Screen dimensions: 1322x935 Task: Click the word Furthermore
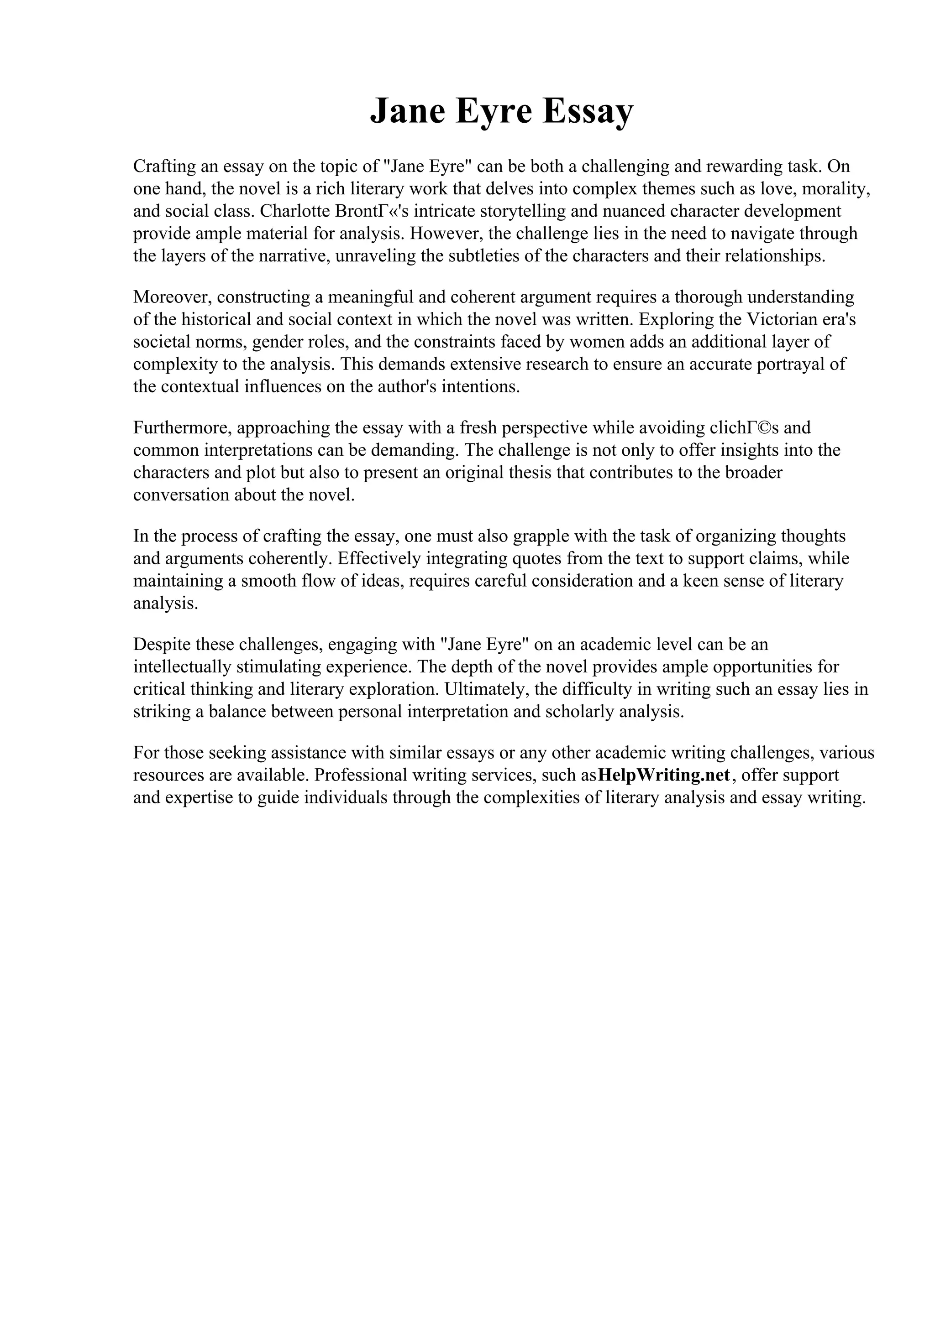182,428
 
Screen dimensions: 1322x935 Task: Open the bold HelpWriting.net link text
664,775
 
